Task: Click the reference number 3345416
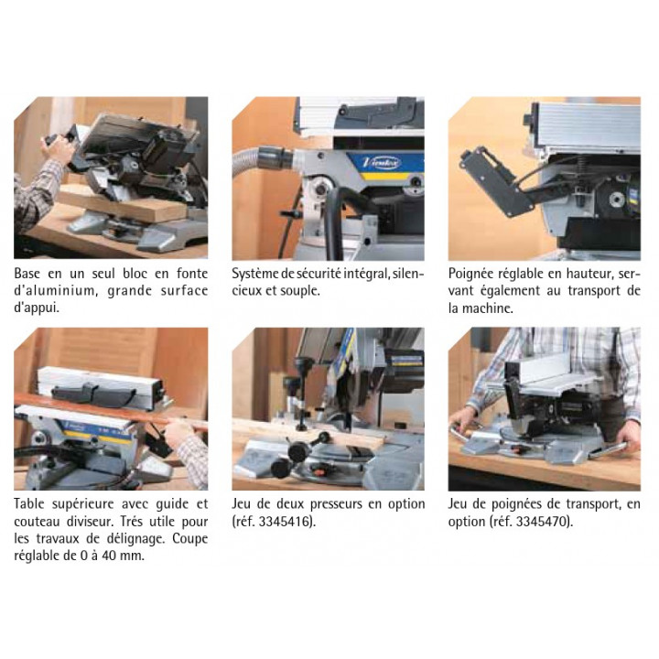(286, 522)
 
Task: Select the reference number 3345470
(543, 522)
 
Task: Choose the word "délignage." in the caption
(136, 539)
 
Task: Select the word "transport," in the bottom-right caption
(593, 504)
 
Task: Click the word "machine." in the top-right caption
(488, 308)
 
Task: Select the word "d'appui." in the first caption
(37, 308)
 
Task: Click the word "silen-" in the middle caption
(408, 274)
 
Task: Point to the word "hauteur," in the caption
(591, 274)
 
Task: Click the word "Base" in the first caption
(27, 274)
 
